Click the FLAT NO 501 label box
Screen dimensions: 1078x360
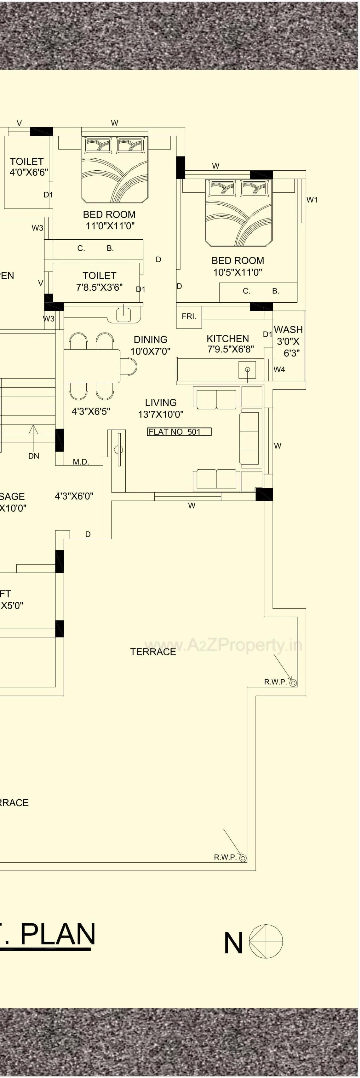[179, 432]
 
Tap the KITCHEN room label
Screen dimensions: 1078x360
[228, 339]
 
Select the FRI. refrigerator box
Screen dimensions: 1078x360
[189, 317]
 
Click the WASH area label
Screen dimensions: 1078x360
[289, 330]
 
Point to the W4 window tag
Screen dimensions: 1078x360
[279, 369]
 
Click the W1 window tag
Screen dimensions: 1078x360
[312, 200]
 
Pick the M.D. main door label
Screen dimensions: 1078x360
[81, 462]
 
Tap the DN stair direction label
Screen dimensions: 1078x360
[33, 456]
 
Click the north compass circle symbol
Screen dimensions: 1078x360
[266, 942]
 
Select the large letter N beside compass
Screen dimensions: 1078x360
[233, 943]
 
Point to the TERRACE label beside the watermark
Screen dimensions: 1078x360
[153, 652]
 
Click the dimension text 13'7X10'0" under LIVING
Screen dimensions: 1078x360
[161, 414]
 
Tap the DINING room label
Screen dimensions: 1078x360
[150, 339]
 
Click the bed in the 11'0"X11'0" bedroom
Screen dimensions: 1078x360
[115, 169]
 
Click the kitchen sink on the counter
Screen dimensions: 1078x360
[247, 370]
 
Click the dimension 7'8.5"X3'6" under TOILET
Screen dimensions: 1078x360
[99, 288]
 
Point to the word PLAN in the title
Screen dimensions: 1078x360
[58, 934]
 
